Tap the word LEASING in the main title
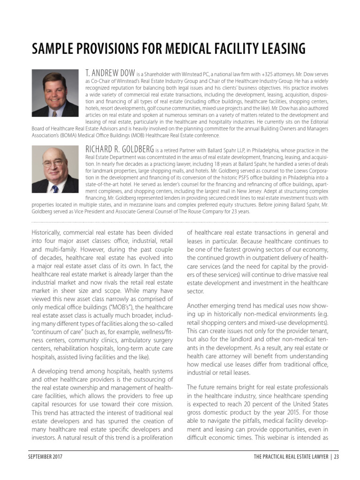(x=282, y=49)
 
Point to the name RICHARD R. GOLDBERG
(x=120, y=150)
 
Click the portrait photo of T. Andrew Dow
(x=55, y=93)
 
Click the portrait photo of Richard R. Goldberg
(x=55, y=169)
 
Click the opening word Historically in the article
(x=48, y=232)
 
